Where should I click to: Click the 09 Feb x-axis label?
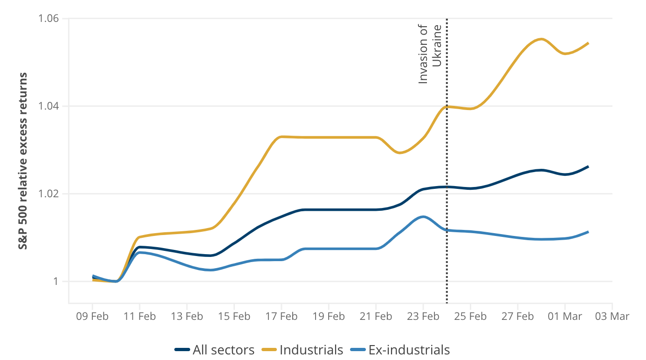click(x=92, y=317)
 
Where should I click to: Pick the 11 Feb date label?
click(x=139, y=317)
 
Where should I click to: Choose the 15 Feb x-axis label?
click(x=234, y=317)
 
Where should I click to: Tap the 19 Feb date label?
click(x=329, y=317)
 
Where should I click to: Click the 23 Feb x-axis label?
click(x=423, y=317)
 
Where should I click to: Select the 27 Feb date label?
click(x=518, y=317)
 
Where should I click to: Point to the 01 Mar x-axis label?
click(x=565, y=317)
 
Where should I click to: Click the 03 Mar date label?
click(x=612, y=317)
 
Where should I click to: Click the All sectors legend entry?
click(x=215, y=350)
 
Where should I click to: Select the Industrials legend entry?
click(x=304, y=350)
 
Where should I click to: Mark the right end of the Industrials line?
click(x=589, y=43)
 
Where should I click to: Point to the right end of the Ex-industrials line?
click(x=589, y=232)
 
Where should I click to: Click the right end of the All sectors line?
click(x=589, y=166)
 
